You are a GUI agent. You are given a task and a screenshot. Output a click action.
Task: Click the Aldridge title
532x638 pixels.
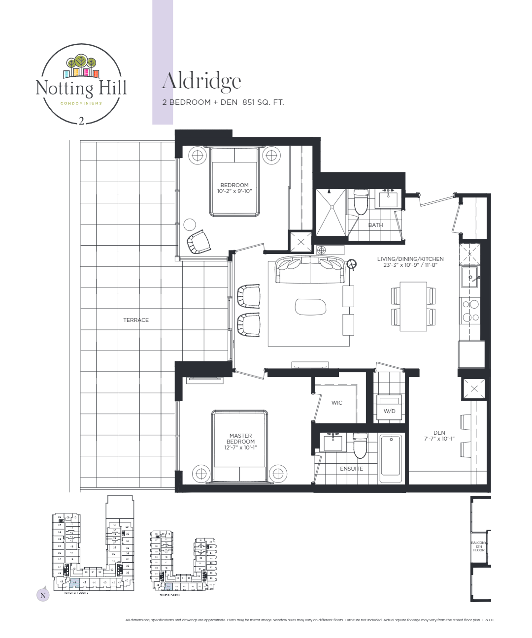(x=201, y=81)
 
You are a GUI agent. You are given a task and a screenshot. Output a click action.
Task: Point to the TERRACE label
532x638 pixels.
(x=136, y=320)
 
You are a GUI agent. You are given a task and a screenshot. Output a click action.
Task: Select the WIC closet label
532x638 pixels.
(x=337, y=403)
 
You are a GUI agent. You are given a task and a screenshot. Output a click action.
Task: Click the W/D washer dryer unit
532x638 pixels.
(x=389, y=408)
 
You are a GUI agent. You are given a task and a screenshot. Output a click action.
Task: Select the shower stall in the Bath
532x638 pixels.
(x=331, y=212)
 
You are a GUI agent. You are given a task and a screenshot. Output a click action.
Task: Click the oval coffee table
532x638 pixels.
(x=310, y=307)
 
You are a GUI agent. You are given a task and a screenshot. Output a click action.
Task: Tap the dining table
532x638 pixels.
(x=413, y=306)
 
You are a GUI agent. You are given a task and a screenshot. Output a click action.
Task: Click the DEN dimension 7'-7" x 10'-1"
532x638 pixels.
(x=439, y=439)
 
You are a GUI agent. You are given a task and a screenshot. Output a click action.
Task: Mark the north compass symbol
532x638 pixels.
(x=43, y=595)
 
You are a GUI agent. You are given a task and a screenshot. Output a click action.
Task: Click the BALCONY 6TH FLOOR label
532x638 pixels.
(x=479, y=546)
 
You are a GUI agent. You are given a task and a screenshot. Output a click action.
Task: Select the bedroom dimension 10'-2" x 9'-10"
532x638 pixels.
(x=234, y=191)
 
